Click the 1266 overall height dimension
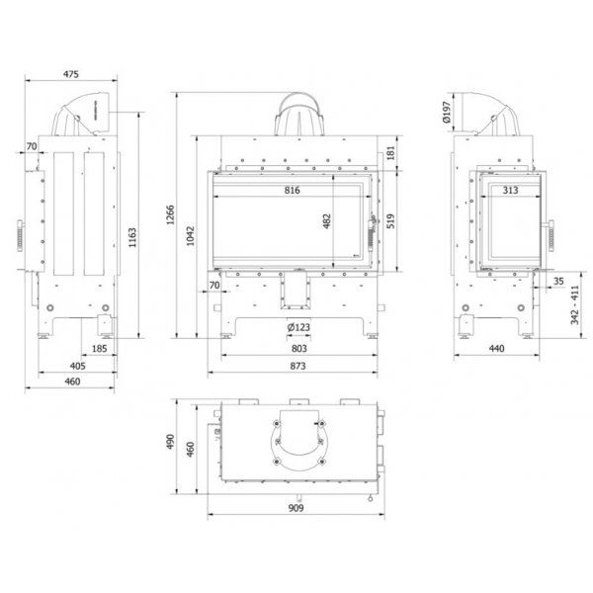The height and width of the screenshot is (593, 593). pyautogui.click(x=171, y=214)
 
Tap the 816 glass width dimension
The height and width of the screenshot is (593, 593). pyautogui.click(x=292, y=190)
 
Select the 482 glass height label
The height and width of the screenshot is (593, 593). pyautogui.click(x=327, y=221)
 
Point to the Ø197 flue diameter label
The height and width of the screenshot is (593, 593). pyautogui.click(x=447, y=113)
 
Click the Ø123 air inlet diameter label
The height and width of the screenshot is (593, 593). pyautogui.click(x=298, y=327)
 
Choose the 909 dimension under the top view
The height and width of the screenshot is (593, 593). pyautogui.click(x=296, y=508)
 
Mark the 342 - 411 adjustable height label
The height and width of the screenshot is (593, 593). pyautogui.click(x=575, y=304)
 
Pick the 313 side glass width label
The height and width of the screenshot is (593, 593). pyautogui.click(x=510, y=190)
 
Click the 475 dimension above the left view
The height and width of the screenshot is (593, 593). pyautogui.click(x=71, y=74)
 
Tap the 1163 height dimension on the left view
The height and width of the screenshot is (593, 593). pyautogui.click(x=132, y=237)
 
